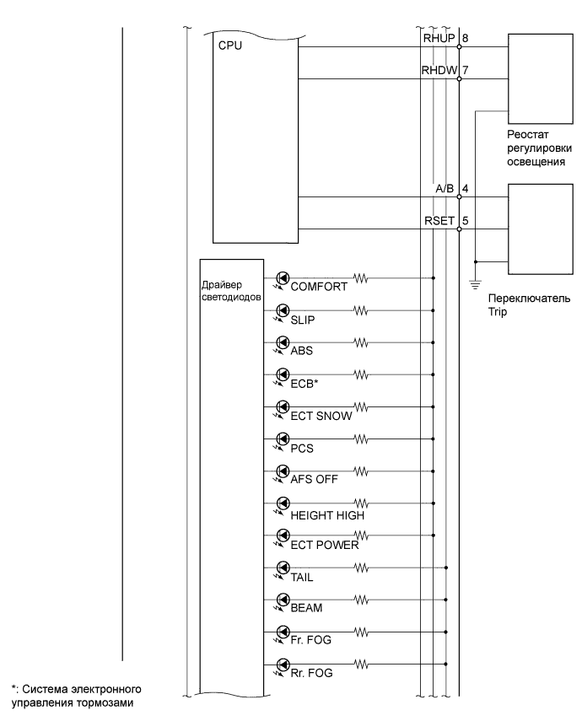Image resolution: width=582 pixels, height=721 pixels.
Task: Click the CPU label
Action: point(229,46)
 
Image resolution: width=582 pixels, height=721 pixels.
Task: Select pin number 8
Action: point(466,39)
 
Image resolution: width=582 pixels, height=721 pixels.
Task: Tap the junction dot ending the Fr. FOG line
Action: point(445,631)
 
